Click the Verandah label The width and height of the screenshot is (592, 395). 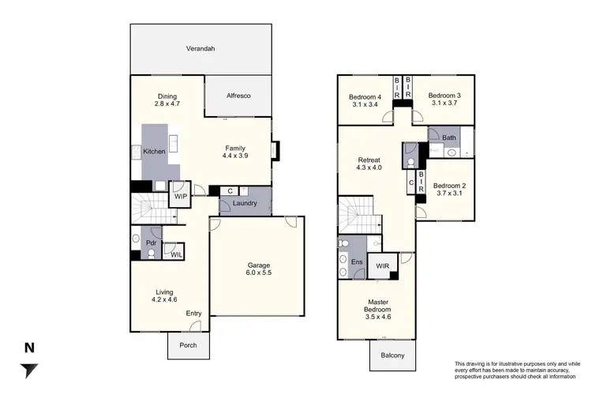(200, 49)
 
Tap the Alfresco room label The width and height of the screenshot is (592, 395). (238, 96)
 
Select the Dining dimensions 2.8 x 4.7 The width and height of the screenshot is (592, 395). (167, 103)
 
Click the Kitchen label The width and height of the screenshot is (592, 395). (154, 151)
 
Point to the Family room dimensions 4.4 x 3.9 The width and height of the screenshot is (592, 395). (236, 156)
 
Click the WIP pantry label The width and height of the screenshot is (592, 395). (180, 196)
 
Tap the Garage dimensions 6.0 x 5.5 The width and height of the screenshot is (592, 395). (259, 273)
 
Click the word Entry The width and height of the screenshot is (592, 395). (194, 314)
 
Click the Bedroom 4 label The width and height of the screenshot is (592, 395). (365, 97)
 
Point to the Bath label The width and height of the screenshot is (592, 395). (449, 138)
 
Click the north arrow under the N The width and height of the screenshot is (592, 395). (30, 370)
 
